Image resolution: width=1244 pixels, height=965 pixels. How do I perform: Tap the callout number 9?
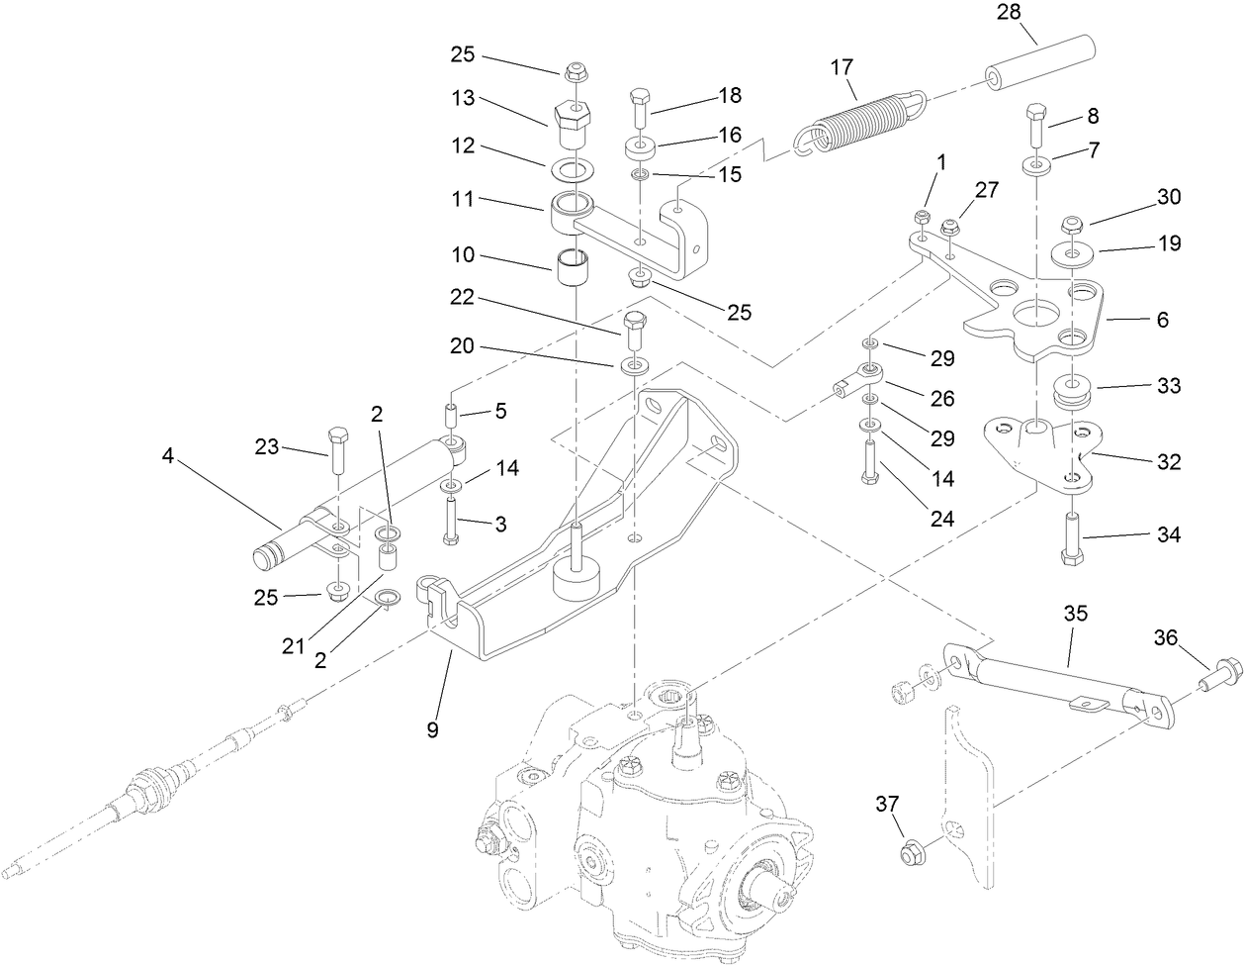[x=432, y=730]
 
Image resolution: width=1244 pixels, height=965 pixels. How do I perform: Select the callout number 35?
[x=1076, y=614]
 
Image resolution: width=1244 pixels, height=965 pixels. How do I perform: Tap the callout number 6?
[x=1162, y=320]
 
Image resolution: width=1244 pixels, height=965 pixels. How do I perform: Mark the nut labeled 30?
[x=1074, y=223]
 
